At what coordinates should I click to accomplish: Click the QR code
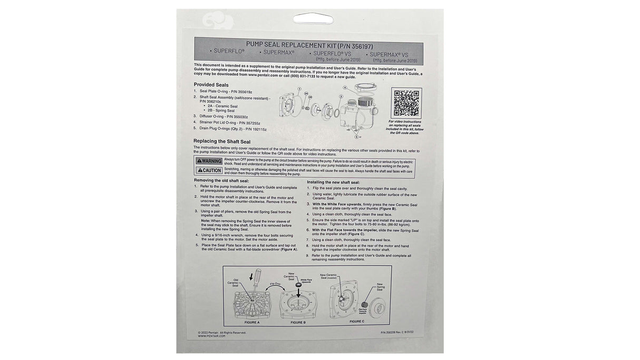click(x=406, y=104)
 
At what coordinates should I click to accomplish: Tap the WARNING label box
click(x=209, y=161)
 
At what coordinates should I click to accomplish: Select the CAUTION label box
click(x=209, y=170)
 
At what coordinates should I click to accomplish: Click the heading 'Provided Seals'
click(x=211, y=84)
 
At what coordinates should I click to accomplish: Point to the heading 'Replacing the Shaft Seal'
click(x=222, y=141)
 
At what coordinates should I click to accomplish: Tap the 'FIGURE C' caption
click(x=356, y=321)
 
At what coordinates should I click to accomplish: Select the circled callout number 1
click(x=299, y=89)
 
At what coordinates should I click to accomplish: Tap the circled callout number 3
click(x=341, y=97)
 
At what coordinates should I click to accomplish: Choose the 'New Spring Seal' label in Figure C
click(x=380, y=287)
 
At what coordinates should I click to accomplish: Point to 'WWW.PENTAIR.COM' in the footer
click(x=212, y=336)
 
